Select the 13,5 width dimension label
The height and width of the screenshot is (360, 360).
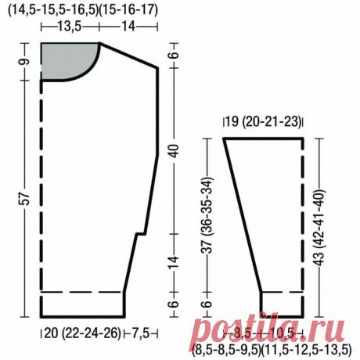(x=70, y=27)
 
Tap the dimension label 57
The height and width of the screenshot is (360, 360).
(x=25, y=199)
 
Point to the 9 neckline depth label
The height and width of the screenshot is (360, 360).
(x=25, y=62)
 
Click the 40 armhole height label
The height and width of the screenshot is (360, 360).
(x=174, y=151)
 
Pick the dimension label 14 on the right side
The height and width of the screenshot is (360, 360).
(x=174, y=262)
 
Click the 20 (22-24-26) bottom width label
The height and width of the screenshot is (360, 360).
(x=83, y=333)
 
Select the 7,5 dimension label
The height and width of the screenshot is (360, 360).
(x=140, y=333)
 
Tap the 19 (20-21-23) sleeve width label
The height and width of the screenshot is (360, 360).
(x=263, y=121)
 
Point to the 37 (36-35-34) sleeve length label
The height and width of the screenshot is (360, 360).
(x=207, y=215)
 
